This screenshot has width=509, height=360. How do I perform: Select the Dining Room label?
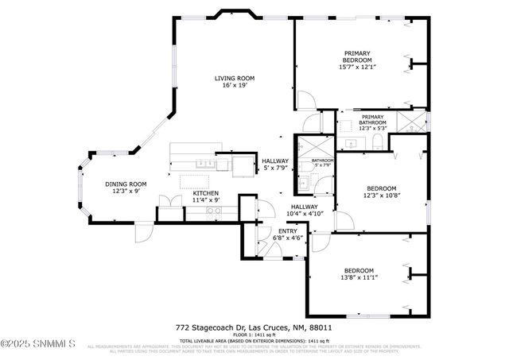[126, 188]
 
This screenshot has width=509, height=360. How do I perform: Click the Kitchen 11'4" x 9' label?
[205, 196]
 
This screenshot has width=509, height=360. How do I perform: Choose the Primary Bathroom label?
[372, 123]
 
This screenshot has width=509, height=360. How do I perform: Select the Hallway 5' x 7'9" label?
[275, 165]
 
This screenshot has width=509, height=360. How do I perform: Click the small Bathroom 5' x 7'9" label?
[322, 163]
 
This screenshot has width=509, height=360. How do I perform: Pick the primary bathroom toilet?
[379, 142]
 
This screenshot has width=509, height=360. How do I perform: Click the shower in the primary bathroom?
[411, 122]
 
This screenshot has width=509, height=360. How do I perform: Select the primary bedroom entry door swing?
[305, 100]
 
